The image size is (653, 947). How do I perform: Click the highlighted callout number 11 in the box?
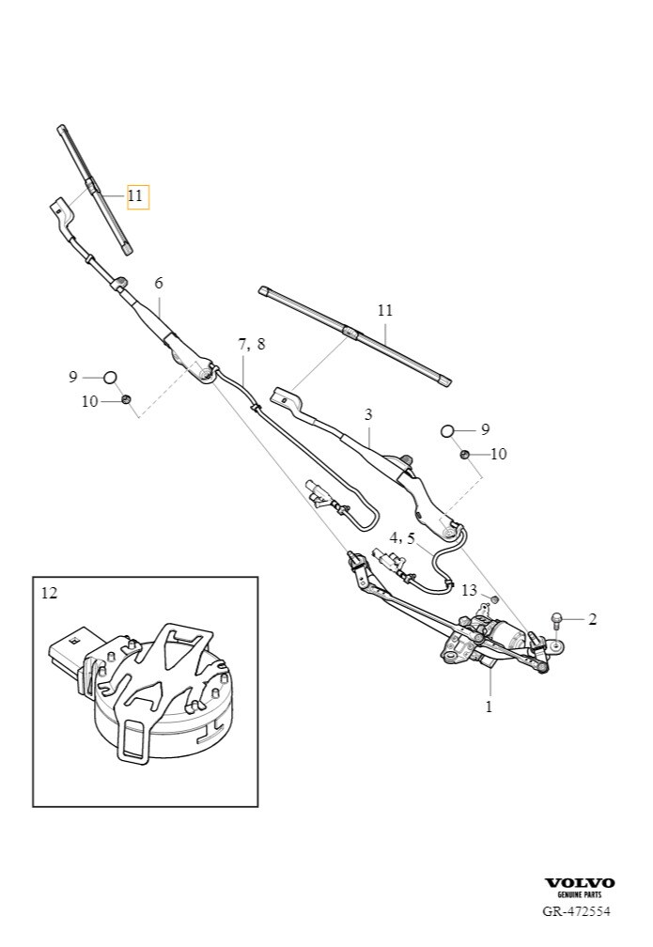coord(137,196)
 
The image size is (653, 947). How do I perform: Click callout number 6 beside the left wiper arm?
coord(159,283)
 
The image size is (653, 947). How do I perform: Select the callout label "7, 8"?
coord(251,344)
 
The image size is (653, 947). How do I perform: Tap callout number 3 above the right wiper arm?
coord(368,413)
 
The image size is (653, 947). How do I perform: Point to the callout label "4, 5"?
coord(402,538)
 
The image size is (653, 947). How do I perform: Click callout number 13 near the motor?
coord(470,589)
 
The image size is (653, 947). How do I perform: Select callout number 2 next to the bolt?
coord(593,619)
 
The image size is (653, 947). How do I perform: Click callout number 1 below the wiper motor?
coord(489,706)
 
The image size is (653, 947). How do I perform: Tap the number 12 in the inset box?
coord(50,593)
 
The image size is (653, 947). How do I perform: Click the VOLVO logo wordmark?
coord(580,883)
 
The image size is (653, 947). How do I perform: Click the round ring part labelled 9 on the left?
coord(110,377)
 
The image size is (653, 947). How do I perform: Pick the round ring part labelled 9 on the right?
coord(447,430)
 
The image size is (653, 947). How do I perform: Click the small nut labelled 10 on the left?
coord(126,400)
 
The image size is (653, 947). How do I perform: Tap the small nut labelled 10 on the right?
coord(464,455)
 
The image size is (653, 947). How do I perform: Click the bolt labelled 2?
coord(556,618)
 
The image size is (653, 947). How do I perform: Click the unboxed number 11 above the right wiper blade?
coord(385,310)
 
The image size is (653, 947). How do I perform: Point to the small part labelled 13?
coord(494,598)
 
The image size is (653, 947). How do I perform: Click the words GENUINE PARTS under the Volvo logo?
coord(580,896)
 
